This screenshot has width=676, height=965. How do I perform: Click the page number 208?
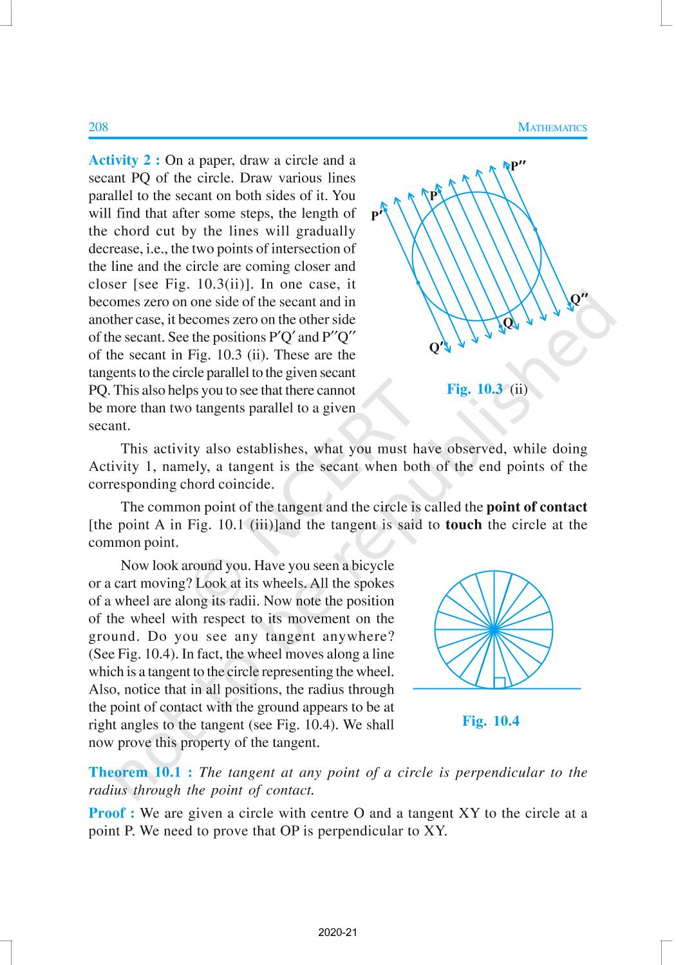click(x=99, y=127)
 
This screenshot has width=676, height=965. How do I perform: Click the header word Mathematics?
click(x=552, y=127)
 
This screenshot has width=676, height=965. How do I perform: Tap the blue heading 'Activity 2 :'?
click(x=124, y=160)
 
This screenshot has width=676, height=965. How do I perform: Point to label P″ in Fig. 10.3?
click(x=518, y=166)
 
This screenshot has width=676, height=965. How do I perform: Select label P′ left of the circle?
click(x=377, y=216)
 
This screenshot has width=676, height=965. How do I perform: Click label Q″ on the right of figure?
click(x=579, y=299)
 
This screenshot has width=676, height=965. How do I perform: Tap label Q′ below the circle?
click(x=437, y=348)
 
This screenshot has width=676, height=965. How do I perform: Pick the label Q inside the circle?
click(x=508, y=323)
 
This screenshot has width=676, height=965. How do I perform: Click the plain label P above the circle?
click(x=433, y=196)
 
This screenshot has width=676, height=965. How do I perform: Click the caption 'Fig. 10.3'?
click(x=474, y=389)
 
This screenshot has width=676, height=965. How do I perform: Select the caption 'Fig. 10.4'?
click(x=491, y=721)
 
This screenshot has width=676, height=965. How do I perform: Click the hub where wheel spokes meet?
click(x=494, y=629)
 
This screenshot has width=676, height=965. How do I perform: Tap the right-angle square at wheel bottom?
click(x=499, y=683)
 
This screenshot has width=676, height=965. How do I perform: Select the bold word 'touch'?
click(x=464, y=524)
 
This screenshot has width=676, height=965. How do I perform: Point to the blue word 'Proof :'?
click(x=111, y=813)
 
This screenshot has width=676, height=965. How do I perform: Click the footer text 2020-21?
click(x=337, y=932)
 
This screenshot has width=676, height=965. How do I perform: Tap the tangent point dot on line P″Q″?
click(x=536, y=228)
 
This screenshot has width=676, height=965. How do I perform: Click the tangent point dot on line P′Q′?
click(x=418, y=282)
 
